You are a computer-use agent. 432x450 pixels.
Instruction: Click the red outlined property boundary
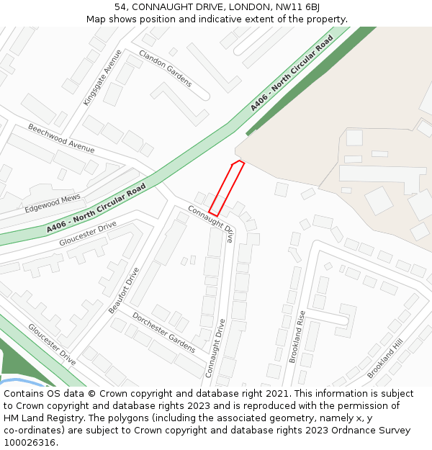(227, 188)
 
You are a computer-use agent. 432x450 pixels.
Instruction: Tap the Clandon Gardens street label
(166, 68)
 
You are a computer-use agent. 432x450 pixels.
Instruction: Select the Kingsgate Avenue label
(102, 78)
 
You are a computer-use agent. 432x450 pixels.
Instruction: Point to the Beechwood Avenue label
(61, 138)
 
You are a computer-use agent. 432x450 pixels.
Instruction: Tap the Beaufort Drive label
(124, 289)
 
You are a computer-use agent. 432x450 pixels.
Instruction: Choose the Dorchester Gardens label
(163, 332)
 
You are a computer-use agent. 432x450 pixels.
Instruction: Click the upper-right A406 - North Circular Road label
(292, 74)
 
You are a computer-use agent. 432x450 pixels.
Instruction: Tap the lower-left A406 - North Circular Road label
(96, 208)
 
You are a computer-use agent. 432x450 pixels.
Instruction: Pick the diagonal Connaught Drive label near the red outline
(212, 223)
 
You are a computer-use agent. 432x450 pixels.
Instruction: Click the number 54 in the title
(120, 7)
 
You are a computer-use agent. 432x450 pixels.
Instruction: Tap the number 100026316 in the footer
(27, 442)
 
